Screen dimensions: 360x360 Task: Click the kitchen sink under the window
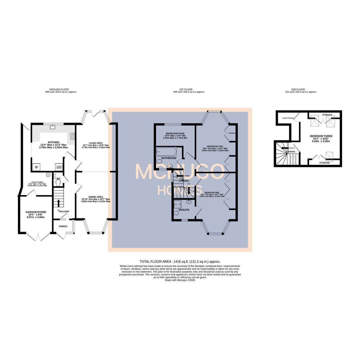[53, 127]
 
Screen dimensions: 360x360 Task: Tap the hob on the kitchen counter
[72, 136]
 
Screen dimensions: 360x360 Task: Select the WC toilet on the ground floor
[59, 182]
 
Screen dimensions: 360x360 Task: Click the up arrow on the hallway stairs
[59, 203]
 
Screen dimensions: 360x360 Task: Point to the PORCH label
[63, 226]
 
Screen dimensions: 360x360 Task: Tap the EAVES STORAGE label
[288, 118]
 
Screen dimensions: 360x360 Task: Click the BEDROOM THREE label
[321, 136]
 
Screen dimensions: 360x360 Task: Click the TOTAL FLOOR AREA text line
[180, 262]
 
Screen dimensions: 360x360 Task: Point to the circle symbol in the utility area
[48, 174]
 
